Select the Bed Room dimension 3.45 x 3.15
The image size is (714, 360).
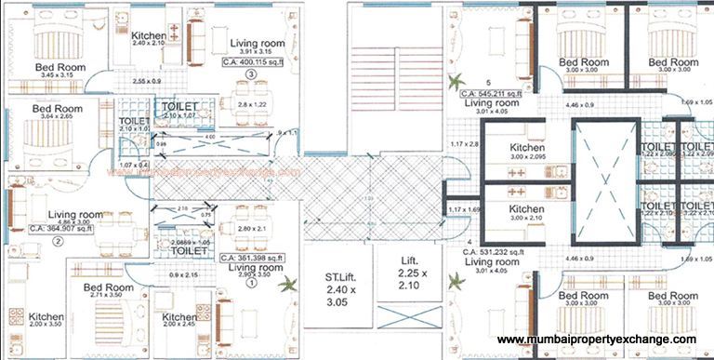(x=59, y=78)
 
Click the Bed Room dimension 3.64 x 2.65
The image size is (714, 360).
(x=57, y=118)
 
